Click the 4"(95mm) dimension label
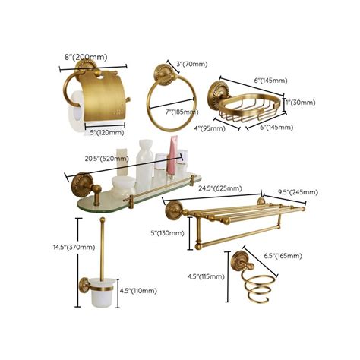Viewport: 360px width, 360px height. (207, 128)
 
